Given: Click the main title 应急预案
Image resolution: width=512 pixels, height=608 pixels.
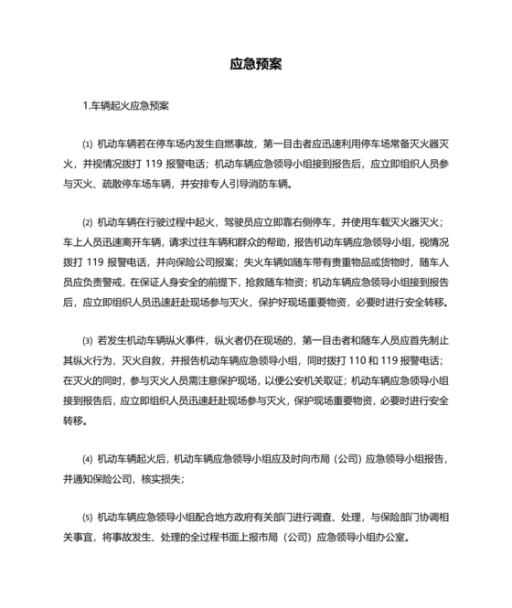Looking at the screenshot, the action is pos(255,66).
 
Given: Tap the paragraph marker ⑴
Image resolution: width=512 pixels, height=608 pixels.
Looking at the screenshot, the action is pos(87,144).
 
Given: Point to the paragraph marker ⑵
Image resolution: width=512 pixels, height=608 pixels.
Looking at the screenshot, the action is pos(87,222).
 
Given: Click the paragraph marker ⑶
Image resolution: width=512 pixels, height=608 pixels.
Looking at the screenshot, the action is pos(87,341).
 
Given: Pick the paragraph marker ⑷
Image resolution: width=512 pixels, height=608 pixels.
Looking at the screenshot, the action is pos(87,459).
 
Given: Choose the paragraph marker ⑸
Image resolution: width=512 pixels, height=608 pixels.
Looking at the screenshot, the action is pos(87,515).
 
